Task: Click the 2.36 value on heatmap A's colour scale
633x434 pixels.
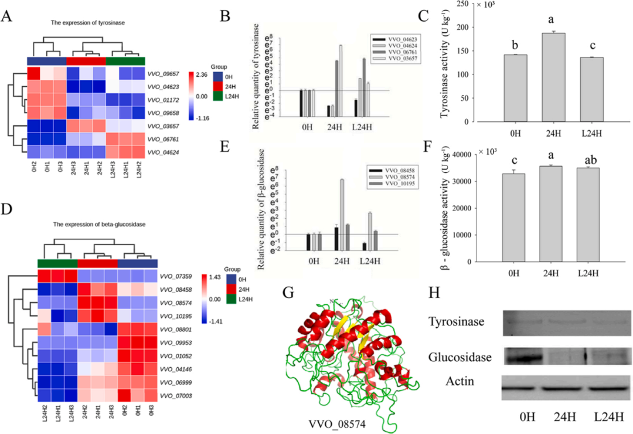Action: (203, 73)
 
